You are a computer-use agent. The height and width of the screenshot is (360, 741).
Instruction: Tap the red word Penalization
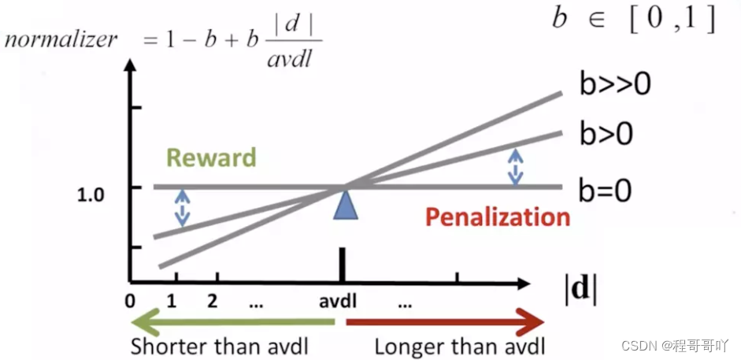[x=498, y=217]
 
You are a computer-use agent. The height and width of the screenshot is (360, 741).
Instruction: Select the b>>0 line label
[x=615, y=84]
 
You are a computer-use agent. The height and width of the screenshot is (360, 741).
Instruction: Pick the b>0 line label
[x=606, y=134]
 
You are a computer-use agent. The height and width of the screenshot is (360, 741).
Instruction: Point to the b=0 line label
[x=606, y=188]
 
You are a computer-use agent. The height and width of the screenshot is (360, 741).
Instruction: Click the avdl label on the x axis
[x=342, y=301]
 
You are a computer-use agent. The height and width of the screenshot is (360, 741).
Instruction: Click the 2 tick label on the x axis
[x=212, y=301]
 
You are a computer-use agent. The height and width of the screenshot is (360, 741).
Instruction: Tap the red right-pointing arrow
[x=445, y=321]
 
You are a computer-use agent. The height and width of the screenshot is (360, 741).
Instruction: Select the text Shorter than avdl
[x=218, y=346]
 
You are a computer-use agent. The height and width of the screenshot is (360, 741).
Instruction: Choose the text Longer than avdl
[x=459, y=346]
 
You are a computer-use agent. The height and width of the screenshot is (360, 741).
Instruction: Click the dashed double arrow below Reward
[x=182, y=207]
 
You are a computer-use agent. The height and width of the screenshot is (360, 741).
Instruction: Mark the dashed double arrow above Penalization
[x=515, y=167]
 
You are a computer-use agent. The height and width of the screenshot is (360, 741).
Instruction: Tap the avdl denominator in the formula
[x=291, y=59]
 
